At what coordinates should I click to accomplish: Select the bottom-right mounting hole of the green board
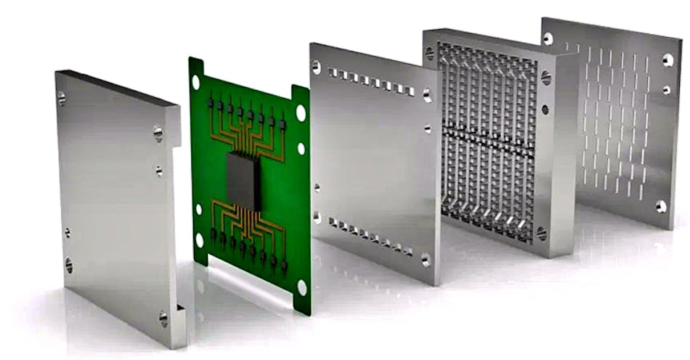pyautogui.click(x=301, y=287)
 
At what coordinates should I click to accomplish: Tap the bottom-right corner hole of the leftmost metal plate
pyautogui.click(x=163, y=317)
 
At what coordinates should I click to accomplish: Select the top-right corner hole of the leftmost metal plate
pyautogui.click(x=158, y=133)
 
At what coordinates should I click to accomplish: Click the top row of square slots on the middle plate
pyautogui.click(x=370, y=81)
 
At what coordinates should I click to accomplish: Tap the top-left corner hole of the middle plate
pyautogui.click(x=316, y=67)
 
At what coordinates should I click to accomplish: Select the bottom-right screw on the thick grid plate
pyautogui.click(x=541, y=234)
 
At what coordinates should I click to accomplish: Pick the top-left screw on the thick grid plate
pyautogui.click(x=429, y=52)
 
